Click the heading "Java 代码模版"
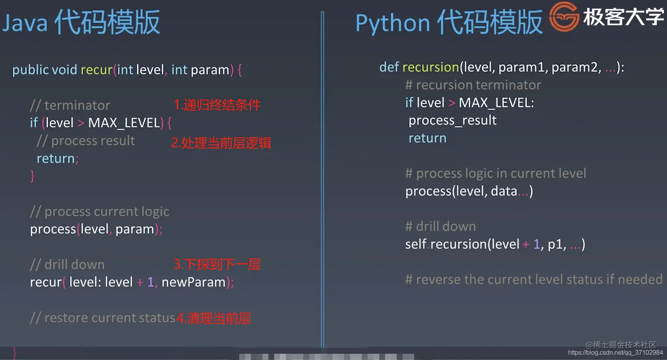click(81, 22)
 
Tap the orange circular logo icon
click(564, 17)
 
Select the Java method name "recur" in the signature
click(96, 70)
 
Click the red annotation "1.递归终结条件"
click(217, 105)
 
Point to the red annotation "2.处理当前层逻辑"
click(221, 143)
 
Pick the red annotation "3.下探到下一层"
click(217, 264)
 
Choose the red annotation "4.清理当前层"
click(214, 318)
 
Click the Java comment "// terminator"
click(70, 105)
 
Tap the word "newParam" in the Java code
click(193, 282)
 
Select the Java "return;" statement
click(57, 158)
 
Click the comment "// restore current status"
click(102, 318)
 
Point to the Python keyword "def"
click(389, 67)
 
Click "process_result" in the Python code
click(452, 120)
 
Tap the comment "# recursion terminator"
click(473, 85)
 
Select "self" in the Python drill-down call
click(416, 244)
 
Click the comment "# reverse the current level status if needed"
click(533, 279)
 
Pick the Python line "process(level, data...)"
click(469, 191)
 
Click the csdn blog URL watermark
click(615, 352)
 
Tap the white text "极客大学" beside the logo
click(623, 17)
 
